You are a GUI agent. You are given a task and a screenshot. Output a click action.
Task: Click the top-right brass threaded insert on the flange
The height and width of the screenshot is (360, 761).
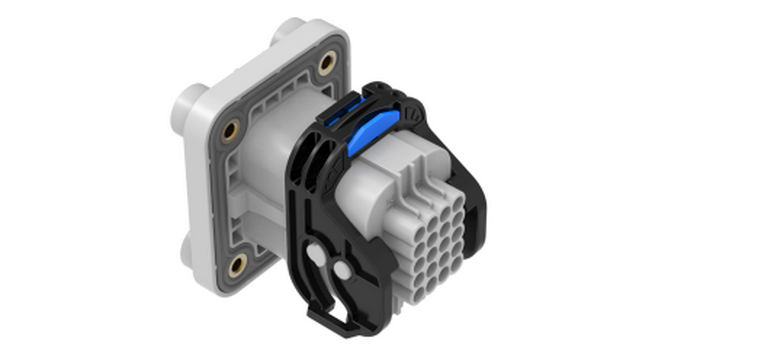click(327, 63)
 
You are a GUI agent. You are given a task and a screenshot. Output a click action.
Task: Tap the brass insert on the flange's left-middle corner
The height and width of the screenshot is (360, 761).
click(230, 130)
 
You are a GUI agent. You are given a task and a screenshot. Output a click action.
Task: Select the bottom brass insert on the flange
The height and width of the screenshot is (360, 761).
click(238, 265)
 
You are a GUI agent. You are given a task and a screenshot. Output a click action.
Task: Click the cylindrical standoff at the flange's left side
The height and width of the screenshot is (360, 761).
click(185, 105)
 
